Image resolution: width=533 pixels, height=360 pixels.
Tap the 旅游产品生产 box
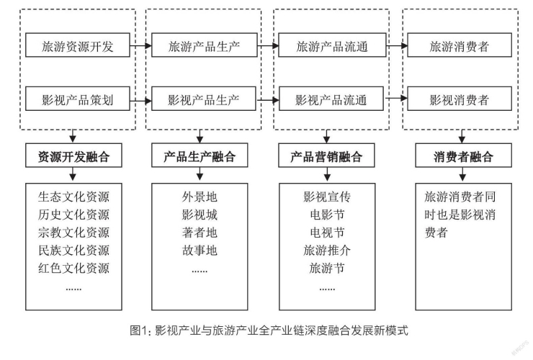204,48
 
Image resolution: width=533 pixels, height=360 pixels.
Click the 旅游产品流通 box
331,48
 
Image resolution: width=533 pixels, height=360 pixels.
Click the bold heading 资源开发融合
73,156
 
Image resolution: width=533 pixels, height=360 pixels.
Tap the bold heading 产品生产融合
200,156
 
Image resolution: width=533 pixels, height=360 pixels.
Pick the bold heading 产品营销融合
326,156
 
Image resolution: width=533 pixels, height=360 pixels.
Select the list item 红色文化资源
73,269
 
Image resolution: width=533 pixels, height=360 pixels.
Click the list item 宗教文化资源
73,232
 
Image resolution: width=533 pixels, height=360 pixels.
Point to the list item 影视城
200,214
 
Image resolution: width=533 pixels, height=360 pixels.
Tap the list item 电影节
326,214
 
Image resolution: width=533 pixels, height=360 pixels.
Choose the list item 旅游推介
326,251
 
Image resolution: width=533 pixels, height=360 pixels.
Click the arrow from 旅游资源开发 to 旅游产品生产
143,48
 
